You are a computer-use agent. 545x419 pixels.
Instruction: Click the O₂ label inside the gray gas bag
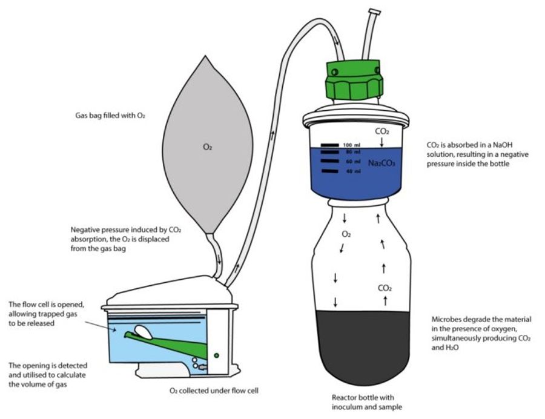207,146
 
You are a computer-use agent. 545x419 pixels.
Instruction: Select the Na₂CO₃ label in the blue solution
380,163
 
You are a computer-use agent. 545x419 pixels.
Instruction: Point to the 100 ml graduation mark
329,145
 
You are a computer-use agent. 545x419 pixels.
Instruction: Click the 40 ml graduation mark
329,171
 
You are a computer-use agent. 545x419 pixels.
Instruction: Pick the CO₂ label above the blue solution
382,131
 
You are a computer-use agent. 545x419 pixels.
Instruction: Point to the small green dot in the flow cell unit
216,355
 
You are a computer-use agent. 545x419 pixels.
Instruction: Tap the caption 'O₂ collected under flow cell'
214,391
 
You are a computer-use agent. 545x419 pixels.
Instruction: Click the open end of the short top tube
375,12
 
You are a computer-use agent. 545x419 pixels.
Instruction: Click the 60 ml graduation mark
329,162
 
